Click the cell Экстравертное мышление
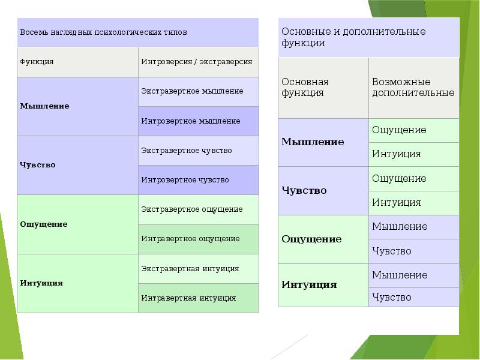click(192, 91)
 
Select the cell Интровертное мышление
click(191, 121)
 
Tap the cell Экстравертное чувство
click(187, 150)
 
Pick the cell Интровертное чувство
click(185, 179)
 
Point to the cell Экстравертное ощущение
click(192, 209)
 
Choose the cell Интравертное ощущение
click(191, 238)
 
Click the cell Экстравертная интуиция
click(190, 268)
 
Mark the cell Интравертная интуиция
click(189, 298)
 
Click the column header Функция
click(37, 61)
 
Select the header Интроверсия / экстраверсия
click(197, 61)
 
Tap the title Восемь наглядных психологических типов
click(103, 32)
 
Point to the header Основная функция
click(305, 87)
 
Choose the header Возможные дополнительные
click(413, 87)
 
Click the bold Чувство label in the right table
click(304, 190)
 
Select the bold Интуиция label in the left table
click(42, 283)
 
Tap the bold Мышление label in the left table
click(45, 106)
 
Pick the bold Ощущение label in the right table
click(311, 239)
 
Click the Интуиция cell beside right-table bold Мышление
click(397, 154)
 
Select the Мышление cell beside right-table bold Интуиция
click(400, 275)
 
